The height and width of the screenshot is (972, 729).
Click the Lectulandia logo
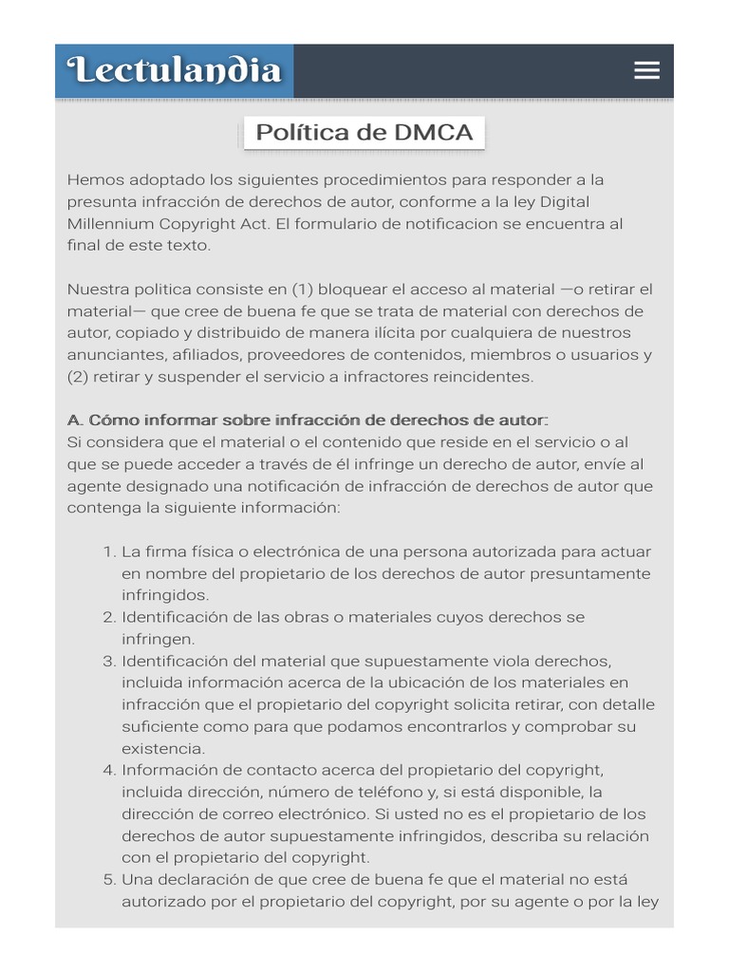click(175, 70)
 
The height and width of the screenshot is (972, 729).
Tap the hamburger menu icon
click(646, 70)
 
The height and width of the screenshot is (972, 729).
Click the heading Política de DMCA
click(364, 132)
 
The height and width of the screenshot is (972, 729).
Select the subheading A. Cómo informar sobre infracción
click(308, 420)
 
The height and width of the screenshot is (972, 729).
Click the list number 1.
click(107, 551)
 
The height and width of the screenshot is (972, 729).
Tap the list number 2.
click(107, 617)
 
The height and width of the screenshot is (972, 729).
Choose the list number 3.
click(107, 661)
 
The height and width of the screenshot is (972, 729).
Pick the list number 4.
click(107, 770)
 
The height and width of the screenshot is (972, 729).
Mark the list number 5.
click(107, 879)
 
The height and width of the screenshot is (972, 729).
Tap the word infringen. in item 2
click(158, 639)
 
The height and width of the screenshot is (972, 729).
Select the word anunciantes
click(116, 355)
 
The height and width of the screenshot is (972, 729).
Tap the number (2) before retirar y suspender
click(79, 377)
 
